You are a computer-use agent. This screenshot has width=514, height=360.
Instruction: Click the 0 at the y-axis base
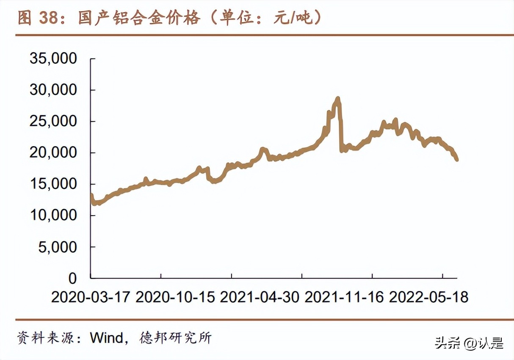[72, 278]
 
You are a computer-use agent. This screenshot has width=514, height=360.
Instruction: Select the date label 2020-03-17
[91, 297]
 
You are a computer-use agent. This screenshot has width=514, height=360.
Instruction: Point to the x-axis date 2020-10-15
[175, 297]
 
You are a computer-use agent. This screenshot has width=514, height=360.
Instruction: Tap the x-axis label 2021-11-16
[344, 297]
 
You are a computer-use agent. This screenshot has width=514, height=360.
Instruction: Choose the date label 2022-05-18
[428, 297]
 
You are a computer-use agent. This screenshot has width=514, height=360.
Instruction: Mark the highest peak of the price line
[337, 99]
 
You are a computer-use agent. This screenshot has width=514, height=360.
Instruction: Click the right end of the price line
[457, 160]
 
